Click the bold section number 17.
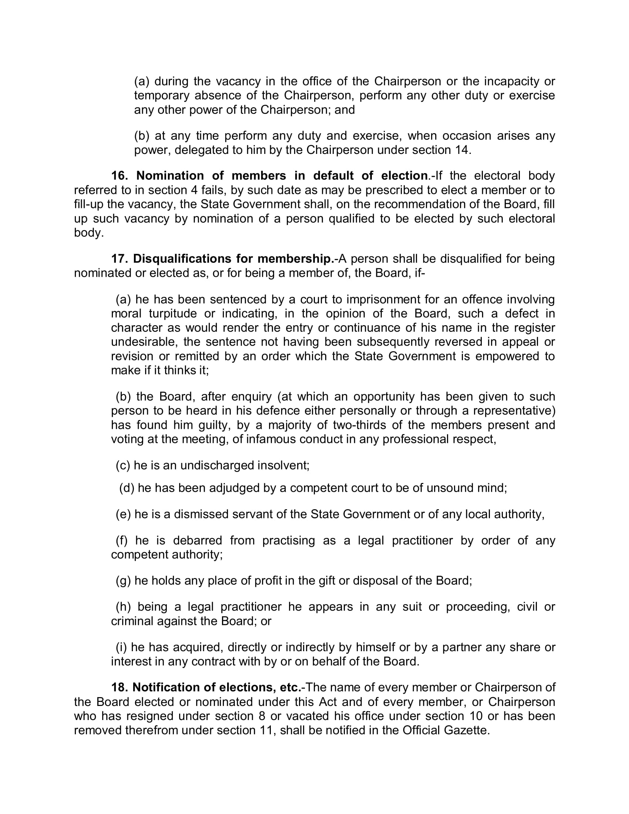click(x=119, y=259)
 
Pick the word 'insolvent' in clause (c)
click(x=283, y=465)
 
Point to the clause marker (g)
click(x=123, y=580)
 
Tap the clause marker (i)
click(x=121, y=647)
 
